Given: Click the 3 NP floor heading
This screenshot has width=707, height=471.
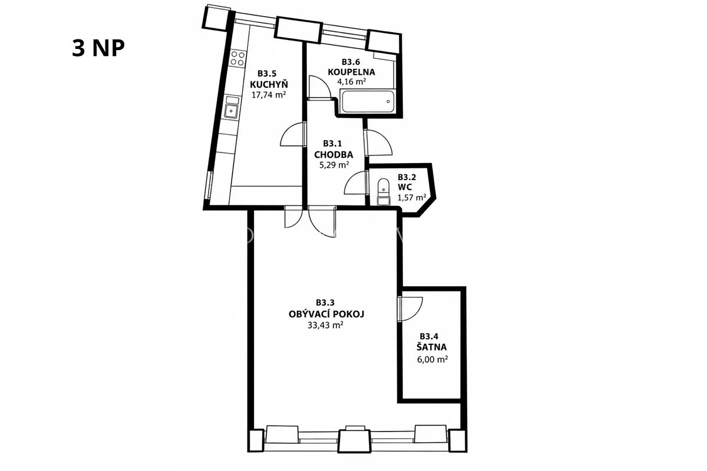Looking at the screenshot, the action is tap(98, 48).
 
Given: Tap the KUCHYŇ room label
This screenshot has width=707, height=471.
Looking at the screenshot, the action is tap(269, 84).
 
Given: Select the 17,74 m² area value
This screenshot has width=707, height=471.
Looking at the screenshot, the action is tap(269, 95).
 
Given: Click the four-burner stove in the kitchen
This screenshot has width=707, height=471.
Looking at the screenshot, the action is tap(237, 58).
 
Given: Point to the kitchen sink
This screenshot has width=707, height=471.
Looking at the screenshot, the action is tap(232, 108).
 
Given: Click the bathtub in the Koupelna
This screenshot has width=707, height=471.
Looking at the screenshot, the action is tap(368, 102).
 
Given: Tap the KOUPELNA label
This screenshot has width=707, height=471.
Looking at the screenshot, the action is tap(351, 72).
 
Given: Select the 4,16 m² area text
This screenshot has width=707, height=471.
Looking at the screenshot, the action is tap(351, 82).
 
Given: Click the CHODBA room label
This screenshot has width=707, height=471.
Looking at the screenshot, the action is tap(333, 155).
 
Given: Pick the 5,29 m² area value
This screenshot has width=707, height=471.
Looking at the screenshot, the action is tap(334, 165).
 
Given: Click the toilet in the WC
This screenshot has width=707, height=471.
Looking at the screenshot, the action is tap(384, 192).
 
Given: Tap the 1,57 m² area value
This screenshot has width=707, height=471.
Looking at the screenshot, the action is tap(412, 198).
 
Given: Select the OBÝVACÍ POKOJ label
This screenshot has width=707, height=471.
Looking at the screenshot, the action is tap(326, 314).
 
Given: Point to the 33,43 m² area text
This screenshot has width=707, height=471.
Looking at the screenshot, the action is tap(325, 325).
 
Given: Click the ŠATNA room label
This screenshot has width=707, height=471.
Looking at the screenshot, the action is tap(431, 347).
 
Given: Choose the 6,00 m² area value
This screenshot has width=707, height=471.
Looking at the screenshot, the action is tap(432, 359).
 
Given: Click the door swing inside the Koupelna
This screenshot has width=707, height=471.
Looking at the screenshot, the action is tap(319, 87).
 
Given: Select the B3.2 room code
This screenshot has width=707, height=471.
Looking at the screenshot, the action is tap(407, 177).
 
